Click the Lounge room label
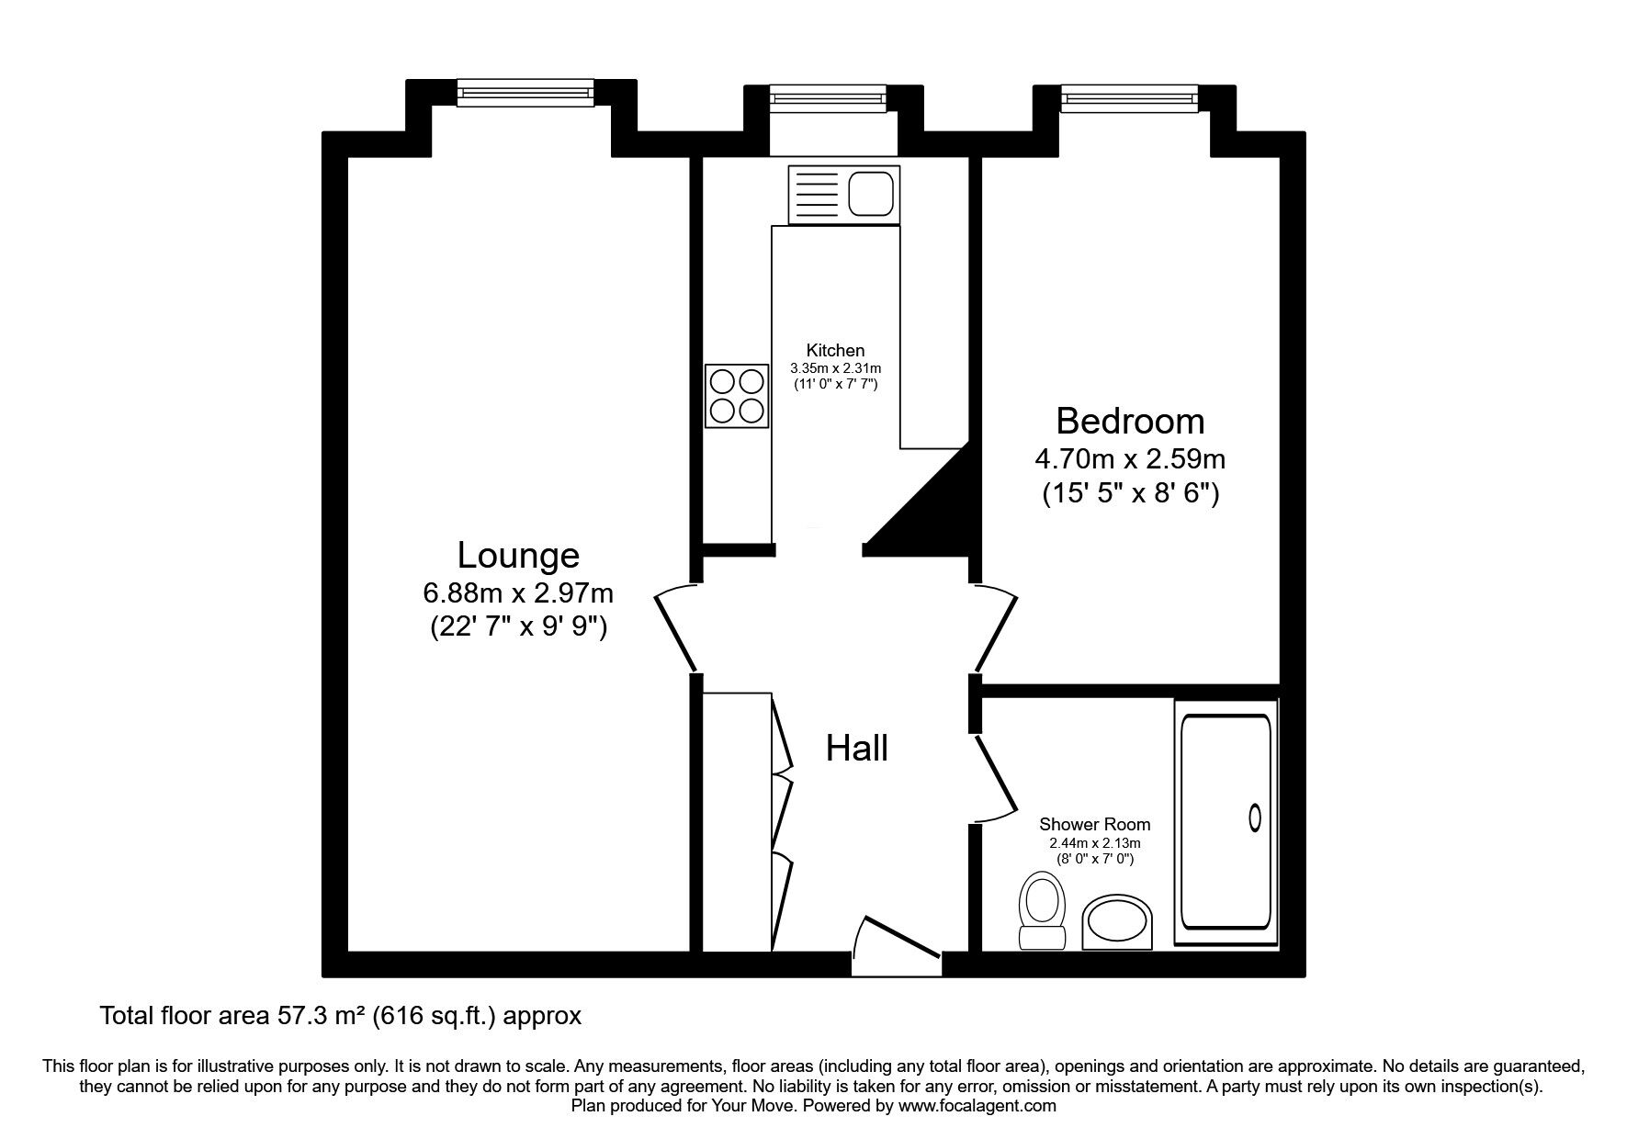coord(518,556)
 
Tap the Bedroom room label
coord(1130,421)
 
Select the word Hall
coord(857,748)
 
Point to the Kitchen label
coord(835,350)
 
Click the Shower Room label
coord(1094,825)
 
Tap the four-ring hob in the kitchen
coord(737,396)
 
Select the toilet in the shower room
coord(1042,912)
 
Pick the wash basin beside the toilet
coord(1117,923)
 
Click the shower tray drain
coord(1255,818)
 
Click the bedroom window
coord(1130,96)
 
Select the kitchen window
coord(828,96)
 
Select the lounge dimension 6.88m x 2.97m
coord(518,593)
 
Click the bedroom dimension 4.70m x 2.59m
coord(1130,458)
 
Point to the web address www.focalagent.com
coord(977,1106)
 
